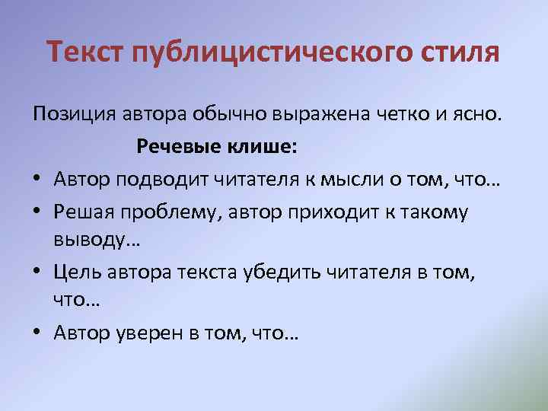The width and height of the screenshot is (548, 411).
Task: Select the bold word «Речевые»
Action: pyautogui.click(x=180, y=148)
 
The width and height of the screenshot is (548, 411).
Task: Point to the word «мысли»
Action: pyautogui.click(x=370, y=180)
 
